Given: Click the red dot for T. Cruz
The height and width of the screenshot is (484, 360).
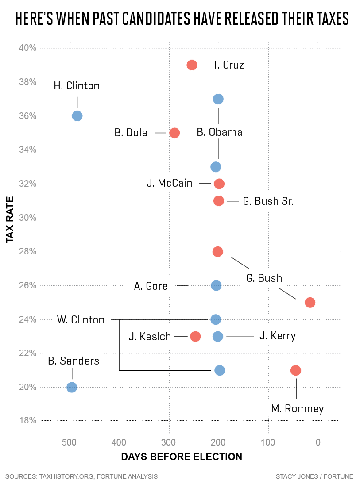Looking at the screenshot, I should (192, 65).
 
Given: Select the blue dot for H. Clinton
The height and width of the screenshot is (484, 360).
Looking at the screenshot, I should (77, 116).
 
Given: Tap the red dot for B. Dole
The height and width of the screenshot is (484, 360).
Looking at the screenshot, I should (174, 133).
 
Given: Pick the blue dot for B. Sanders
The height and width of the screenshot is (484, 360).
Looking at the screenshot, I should (72, 388).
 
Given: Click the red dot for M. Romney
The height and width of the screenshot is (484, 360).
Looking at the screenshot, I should (296, 370).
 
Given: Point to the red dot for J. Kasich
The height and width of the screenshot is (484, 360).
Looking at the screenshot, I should (195, 337).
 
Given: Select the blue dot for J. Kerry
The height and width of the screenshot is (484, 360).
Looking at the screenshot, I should (218, 337).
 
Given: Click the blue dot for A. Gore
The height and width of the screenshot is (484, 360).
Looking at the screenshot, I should (216, 286).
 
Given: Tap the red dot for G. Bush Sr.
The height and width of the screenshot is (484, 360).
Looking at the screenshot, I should (219, 201).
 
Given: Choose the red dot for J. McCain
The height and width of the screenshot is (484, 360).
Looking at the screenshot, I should (219, 184).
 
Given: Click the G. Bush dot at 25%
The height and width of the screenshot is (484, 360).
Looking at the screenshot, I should (310, 303).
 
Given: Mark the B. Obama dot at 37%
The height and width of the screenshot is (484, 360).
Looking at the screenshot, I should (218, 99).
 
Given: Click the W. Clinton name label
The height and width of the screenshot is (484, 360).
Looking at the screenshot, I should (81, 319).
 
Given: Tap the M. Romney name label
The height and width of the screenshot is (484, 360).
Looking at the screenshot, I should (298, 409).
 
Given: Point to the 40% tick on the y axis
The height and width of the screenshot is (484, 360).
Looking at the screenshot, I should (27, 48).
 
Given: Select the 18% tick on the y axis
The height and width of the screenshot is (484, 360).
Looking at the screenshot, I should (27, 420).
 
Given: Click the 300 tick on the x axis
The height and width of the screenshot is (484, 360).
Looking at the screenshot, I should (169, 442).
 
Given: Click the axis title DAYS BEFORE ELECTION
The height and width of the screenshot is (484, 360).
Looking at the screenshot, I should (182, 457).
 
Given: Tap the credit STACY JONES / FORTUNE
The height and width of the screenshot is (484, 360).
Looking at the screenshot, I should (314, 476).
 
